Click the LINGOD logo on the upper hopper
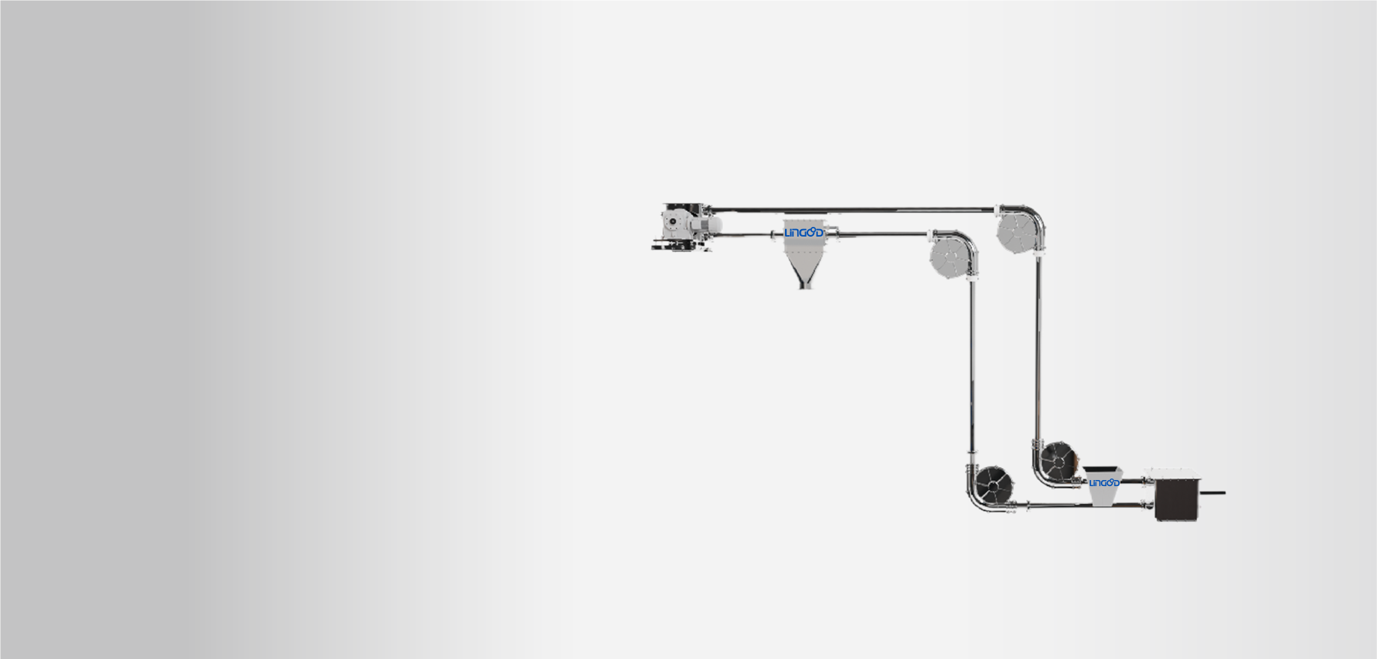(804, 233)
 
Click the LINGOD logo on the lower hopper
(1104, 483)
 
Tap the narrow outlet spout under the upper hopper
(804, 282)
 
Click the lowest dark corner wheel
(993, 485)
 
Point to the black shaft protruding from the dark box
(1213, 493)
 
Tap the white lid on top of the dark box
(1173, 474)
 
